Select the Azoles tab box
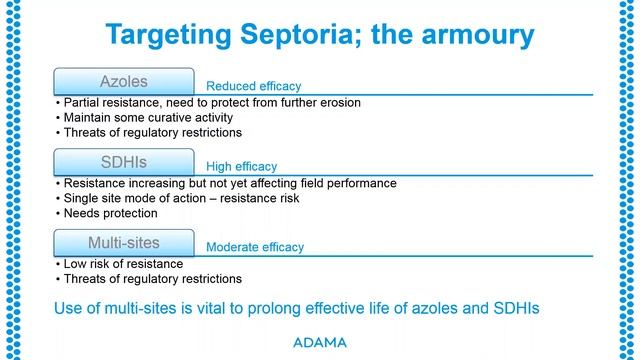[123, 80]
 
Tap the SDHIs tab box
[123, 161]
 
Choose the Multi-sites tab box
[123, 241]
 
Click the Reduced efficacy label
[253, 86]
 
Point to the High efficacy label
[241, 166]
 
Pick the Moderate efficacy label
[254, 246]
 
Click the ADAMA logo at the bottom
[320, 342]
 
